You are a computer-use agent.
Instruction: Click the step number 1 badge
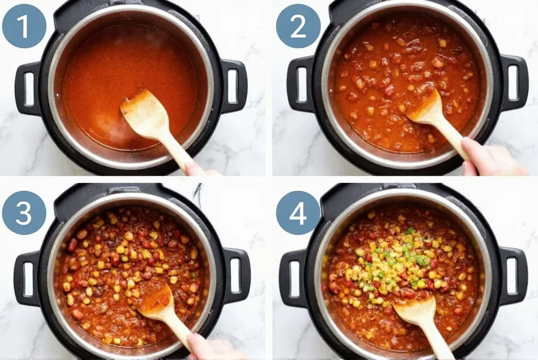(x=24, y=26)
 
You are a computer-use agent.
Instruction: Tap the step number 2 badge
(x=298, y=26)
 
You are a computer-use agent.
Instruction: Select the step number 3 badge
(x=24, y=212)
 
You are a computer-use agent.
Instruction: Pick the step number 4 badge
(x=298, y=212)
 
